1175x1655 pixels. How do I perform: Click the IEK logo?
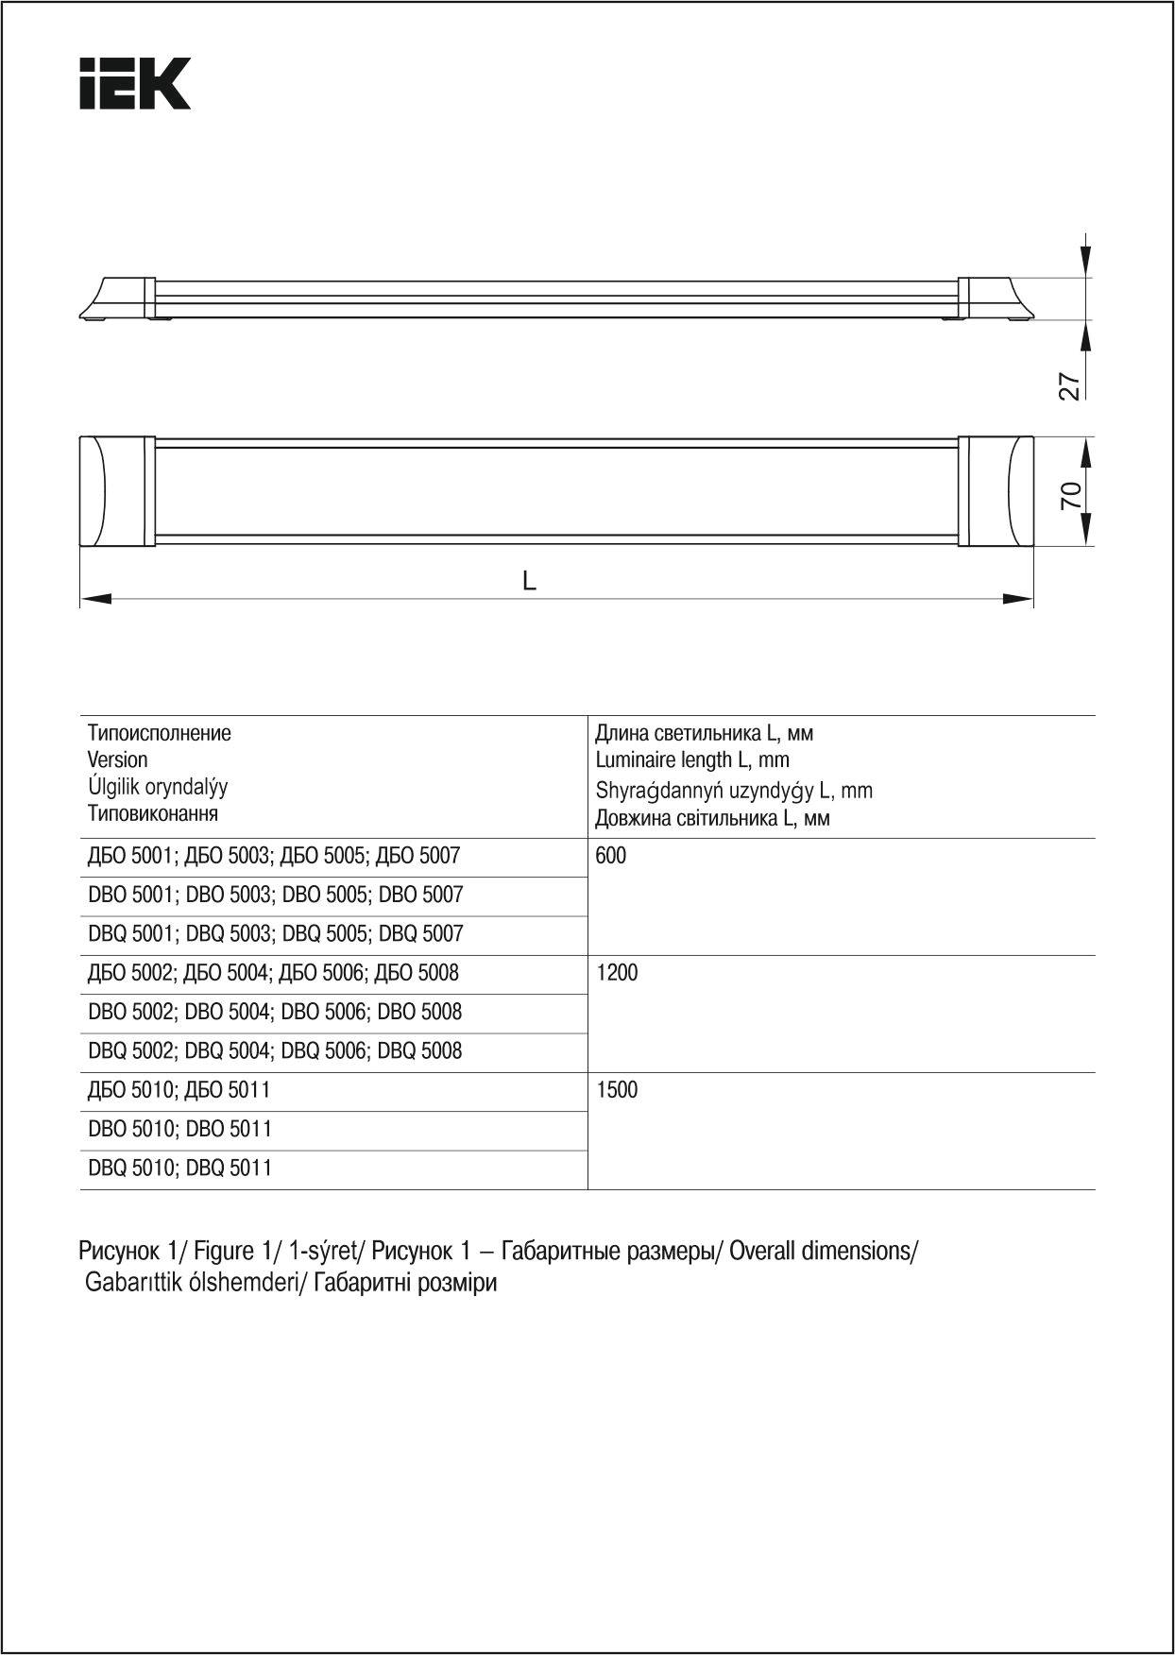[x=135, y=84]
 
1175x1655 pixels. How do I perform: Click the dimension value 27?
[x=1068, y=385]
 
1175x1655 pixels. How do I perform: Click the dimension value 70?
[x=1070, y=494]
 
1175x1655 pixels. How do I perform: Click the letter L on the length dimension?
[x=530, y=581]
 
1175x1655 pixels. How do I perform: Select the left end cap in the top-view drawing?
[x=117, y=491]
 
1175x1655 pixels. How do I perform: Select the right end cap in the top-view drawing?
[x=997, y=491]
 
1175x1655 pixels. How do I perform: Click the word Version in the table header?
[x=117, y=760]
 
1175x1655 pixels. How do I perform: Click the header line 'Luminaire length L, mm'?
[x=692, y=760]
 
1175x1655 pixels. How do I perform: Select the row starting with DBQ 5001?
[x=276, y=935]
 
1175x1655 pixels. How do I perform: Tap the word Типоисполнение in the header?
[x=159, y=734]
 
